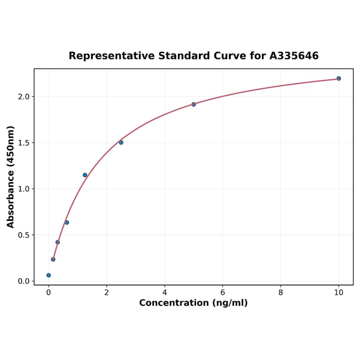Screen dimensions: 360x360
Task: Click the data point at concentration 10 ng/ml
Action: click(x=339, y=78)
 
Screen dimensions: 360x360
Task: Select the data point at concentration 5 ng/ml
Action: click(x=194, y=104)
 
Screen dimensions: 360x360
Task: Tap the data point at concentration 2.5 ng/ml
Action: click(x=121, y=142)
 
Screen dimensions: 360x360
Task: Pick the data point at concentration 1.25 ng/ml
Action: click(x=85, y=175)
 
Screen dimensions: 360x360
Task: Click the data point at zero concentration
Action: click(x=49, y=275)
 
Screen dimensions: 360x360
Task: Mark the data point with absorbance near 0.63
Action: click(x=67, y=222)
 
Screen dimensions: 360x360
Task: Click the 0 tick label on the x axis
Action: click(x=49, y=292)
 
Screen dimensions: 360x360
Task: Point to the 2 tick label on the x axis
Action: click(x=106, y=292)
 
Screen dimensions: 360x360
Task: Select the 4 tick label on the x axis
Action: click(x=164, y=292)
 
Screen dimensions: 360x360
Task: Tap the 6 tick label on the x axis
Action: click(x=222, y=292)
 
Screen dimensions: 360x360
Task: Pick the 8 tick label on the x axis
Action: click(x=281, y=292)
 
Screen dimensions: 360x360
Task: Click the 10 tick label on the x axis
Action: click(x=339, y=292)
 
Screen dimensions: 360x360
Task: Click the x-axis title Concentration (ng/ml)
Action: click(x=193, y=303)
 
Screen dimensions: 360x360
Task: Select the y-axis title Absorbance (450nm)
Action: click(x=11, y=177)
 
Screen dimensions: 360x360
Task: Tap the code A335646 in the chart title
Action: click(x=294, y=56)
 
